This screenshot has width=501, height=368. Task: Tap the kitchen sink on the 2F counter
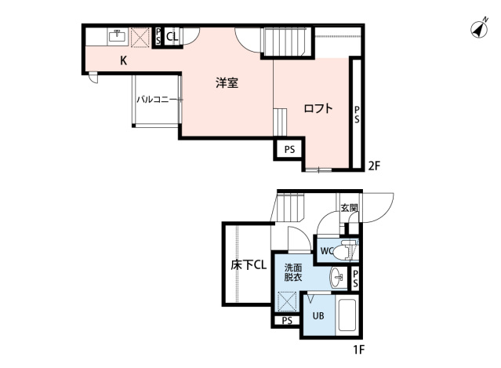[118, 36]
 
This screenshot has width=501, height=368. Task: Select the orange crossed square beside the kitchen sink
[141, 37]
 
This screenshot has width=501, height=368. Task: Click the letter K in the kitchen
[124, 60]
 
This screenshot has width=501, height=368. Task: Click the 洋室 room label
[227, 83]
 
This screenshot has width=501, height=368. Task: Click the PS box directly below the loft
[289, 149]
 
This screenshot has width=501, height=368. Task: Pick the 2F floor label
[375, 165]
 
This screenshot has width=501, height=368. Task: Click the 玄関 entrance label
[349, 209]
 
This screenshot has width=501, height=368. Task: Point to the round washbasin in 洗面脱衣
[337, 276]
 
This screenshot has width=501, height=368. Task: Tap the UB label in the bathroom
[318, 316]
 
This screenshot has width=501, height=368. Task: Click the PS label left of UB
[287, 321]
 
